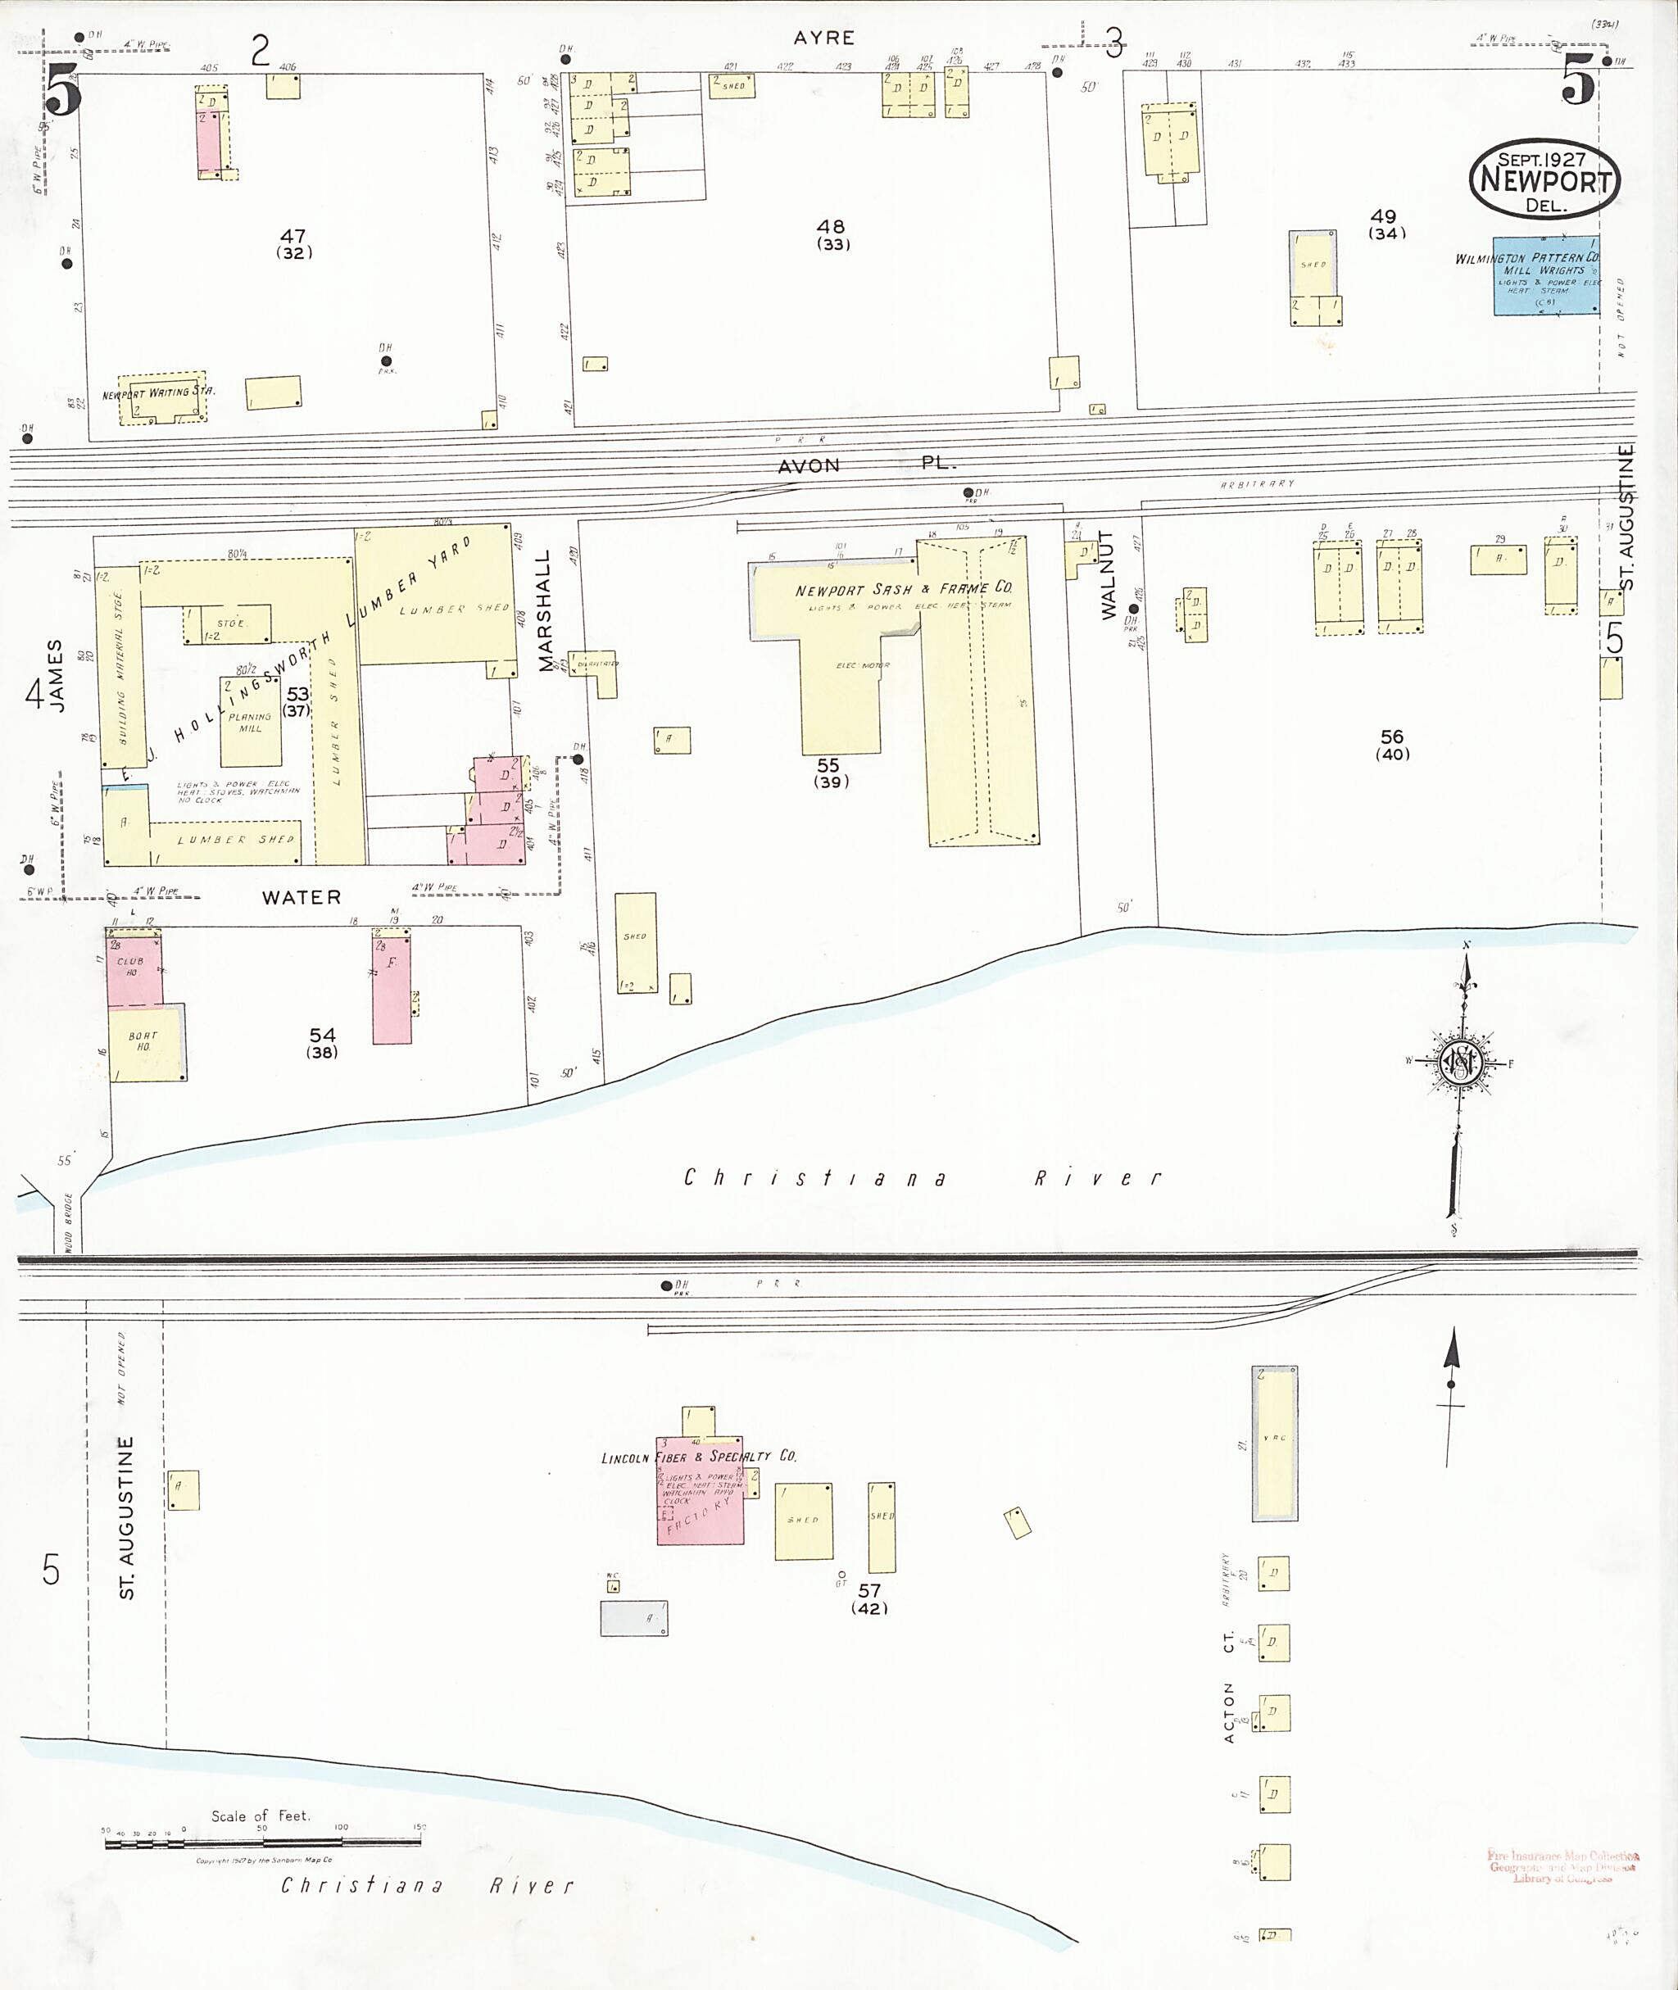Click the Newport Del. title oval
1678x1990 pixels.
click(1544, 179)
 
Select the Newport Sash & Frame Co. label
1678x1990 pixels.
click(903, 589)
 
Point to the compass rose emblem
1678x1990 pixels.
click(1459, 1062)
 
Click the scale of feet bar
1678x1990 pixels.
click(262, 1843)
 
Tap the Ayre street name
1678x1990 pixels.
click(823, 38)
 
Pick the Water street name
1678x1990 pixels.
click(301, 897)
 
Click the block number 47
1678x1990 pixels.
click(292, 236)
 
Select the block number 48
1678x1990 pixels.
click(831, 226)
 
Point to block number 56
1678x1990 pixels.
click(1392, 737)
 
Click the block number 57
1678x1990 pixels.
click(868, 1590)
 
